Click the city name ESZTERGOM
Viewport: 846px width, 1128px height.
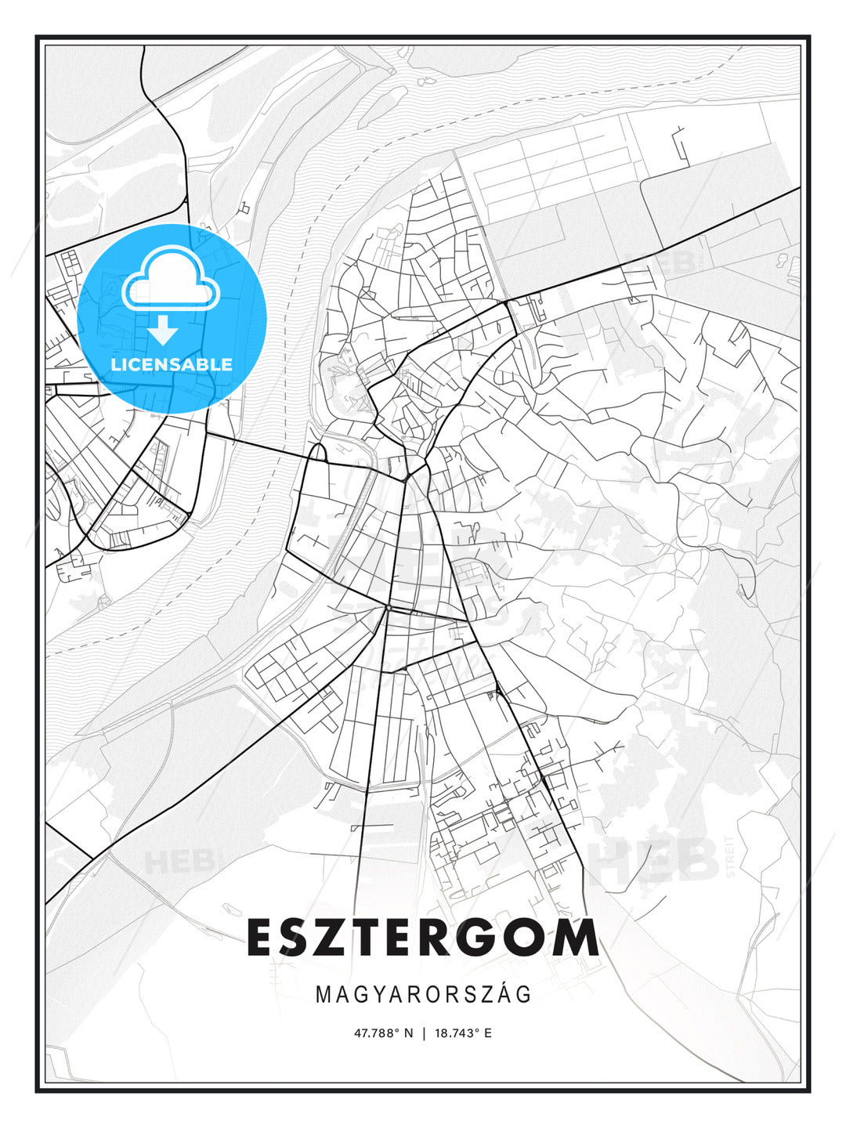pyautogui.click(x=423, y=938)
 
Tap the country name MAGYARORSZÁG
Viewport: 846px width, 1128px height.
pyautogui.click(x=423, y=995)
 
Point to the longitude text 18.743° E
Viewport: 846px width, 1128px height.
pyautogui.click(x=463, y=1033)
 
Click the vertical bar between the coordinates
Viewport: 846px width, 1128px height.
pyautogui.click(x=424, y=1033)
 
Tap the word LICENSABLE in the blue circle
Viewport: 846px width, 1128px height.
pyautogui.click(x=172, y=364)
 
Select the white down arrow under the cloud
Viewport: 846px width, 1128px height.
pyautogui.click(x=164, y=331)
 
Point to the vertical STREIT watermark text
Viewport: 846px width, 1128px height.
pyautogui.click(x=731, y=856)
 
